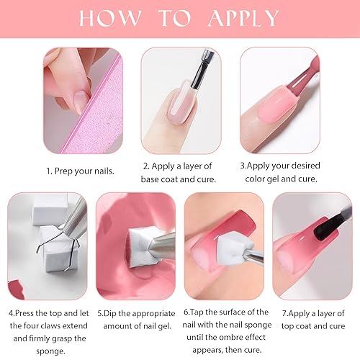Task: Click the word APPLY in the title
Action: (238, 17)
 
